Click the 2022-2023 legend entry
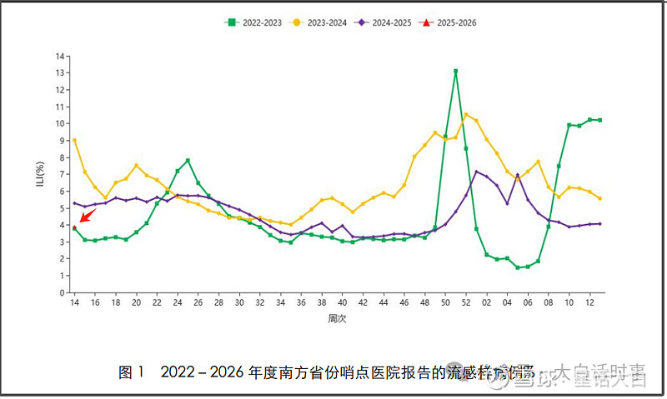pos(252,23)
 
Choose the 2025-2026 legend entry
pos(451,23)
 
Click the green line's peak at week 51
pos(455,71)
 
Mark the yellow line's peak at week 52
pos(466,114)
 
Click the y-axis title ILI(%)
pos(39,174)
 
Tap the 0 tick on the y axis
pos(61,292)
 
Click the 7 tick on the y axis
pos(61,174)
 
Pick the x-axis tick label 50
pos(445,303)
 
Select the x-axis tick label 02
pos(486,303)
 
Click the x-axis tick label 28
pos(218,303)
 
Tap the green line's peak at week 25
pos(188,160)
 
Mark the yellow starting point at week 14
pos(74,140)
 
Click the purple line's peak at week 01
pos(476,172)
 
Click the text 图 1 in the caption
pos(132,372)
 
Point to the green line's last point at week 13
pos(599,120)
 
